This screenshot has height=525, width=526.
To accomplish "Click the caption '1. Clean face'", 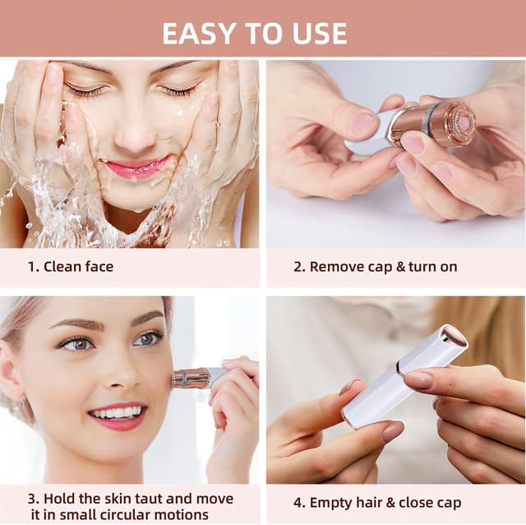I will pos(71,266).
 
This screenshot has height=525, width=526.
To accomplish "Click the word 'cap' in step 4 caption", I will pos(445,502).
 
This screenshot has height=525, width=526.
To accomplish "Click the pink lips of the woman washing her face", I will pos(136,168).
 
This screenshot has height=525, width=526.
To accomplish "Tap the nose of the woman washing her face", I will pos(136,131).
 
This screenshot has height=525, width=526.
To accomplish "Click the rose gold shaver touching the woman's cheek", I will pos(188,378).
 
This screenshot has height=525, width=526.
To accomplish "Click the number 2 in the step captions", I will pos(298,266).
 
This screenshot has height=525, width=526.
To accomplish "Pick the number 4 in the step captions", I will pos(298,502).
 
